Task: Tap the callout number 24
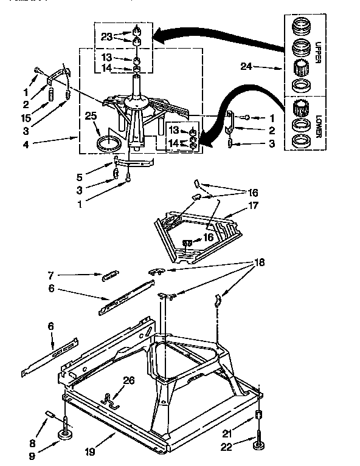(x=245, y=67)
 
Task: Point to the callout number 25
(x=91, y=115)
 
